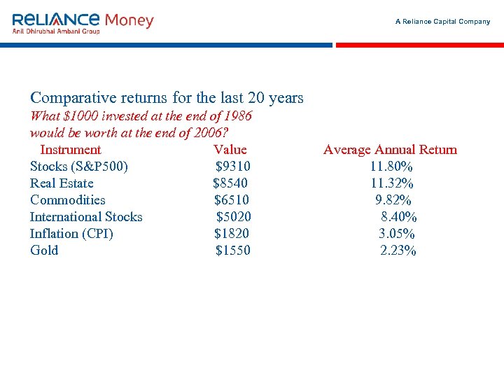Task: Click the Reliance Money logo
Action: [83, 20]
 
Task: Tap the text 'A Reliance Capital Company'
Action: [442, 22]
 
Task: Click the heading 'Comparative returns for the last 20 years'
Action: [167, 98]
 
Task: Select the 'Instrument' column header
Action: [71, 150]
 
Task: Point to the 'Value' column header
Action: [230, 150]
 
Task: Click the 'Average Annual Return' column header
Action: [390, 150]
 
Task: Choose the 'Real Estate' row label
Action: [62, 183]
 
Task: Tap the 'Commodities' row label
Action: [68, 200]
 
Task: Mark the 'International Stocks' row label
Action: [86, 217]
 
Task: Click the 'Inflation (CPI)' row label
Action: [71, 234]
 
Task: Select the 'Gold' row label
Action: [44, 251]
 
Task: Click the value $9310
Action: [233, 167]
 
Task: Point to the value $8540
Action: [230, 183]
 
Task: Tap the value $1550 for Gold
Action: [232, 251]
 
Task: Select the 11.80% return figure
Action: [391, 167]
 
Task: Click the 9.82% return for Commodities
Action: [393, 200]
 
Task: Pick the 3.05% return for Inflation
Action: [397, 234]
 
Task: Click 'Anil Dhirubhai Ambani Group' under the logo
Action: [56, 31]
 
